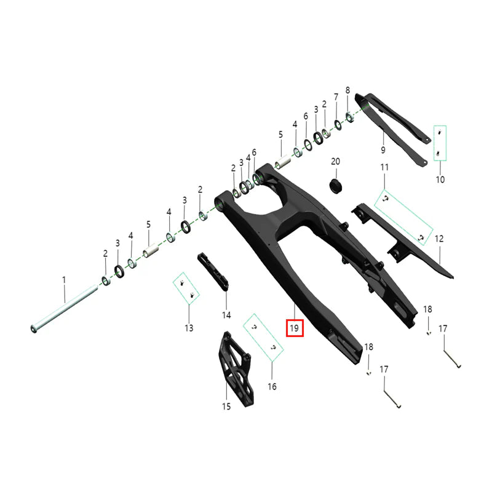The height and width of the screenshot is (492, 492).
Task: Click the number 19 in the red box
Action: tap(295, 328)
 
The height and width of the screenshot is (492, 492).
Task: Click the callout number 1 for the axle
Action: tap(64, 280)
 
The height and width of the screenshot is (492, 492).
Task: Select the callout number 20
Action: tap(335, 161)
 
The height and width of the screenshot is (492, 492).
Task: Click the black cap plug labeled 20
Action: tap(335, 186)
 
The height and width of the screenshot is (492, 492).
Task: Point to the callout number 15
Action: tap(226, 407)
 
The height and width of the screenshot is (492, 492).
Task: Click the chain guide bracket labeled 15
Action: tap(236, 370)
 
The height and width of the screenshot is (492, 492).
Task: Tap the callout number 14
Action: tap(226, 315)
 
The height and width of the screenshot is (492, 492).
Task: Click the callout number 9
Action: tap(383, 149)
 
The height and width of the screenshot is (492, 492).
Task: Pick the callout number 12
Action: tap(439, 239)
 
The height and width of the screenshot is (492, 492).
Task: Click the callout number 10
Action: tap(440, 180)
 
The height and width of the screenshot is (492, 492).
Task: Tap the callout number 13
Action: tap(189, 328)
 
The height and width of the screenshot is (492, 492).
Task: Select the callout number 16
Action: tap(272, 387)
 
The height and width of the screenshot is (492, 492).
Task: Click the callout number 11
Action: tap(384, 167)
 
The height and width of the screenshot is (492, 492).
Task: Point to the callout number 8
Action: tap(347, 90)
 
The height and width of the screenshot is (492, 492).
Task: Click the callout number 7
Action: tap(336, 97)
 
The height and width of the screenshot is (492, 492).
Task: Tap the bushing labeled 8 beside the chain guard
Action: tap(349, 117)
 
